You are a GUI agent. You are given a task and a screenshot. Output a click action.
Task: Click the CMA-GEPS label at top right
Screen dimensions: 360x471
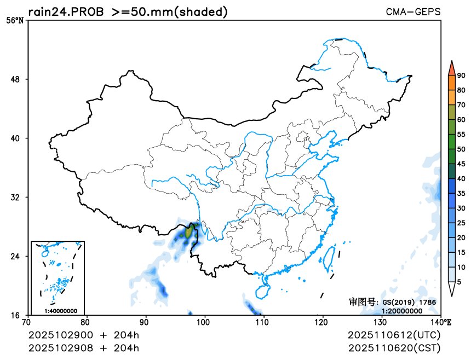coord(413,11)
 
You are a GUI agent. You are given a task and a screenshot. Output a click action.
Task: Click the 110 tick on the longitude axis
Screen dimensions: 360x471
coord(263,322)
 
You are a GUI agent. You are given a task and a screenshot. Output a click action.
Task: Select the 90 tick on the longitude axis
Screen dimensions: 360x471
coord(145,322)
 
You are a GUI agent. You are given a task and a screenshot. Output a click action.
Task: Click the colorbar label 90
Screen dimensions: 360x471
coord(461,76)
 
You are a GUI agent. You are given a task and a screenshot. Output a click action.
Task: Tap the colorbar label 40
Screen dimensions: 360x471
coord(461,178)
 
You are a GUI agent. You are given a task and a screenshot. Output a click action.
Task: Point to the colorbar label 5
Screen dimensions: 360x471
coord(459,282)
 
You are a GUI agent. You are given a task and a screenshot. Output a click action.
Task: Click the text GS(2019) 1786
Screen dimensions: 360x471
coord(409,302)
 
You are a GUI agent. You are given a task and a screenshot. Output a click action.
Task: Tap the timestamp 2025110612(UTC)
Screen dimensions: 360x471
coord(394,335)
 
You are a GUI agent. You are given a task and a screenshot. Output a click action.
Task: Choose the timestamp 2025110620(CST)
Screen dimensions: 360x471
coord(394,347)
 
